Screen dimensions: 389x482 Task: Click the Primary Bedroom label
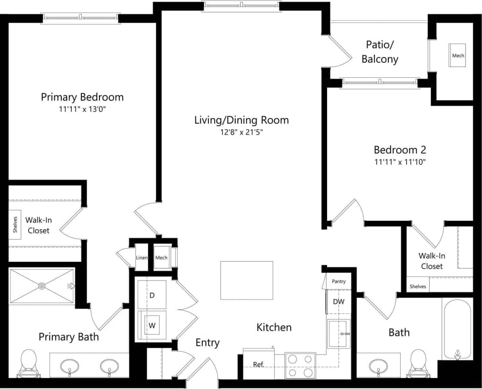[82, 97]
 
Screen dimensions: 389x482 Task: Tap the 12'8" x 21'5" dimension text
[241, 132]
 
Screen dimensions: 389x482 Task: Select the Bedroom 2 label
[400, 150]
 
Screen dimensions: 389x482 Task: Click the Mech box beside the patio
[458, 55]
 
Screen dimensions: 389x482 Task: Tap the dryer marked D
[152, 295]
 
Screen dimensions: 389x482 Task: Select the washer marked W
[152, 325]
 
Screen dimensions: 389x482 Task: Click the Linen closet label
[142, 258]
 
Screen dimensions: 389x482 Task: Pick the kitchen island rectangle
[247, 280]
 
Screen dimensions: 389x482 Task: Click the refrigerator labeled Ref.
[258, 364]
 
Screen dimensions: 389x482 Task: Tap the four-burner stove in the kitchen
[300, 366]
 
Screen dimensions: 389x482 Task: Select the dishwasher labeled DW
[338, 302]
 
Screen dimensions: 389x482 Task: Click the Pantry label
[338, 281]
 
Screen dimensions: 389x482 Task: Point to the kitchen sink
[338, 334]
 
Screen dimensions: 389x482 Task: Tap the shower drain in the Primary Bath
[42, 286]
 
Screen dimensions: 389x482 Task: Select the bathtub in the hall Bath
[457, 329]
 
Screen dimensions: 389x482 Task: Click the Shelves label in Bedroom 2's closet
[417, 286]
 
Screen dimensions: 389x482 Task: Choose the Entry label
[208, 343]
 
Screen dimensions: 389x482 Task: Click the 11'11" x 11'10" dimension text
[400, 161]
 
